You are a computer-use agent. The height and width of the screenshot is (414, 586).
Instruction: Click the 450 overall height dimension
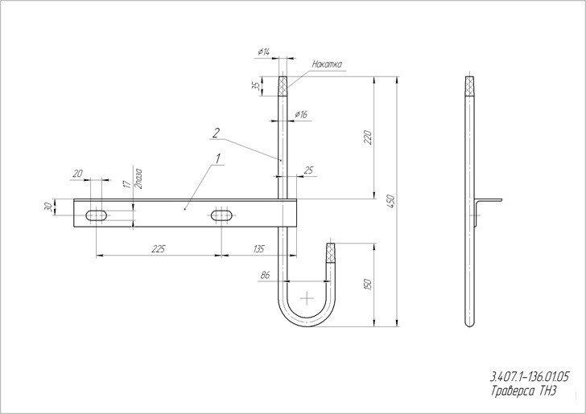[x=390, y=202]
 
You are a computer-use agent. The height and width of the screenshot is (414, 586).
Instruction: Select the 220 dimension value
[x=368, y=137]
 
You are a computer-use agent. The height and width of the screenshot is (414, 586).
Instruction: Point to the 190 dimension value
[x=368, y=285]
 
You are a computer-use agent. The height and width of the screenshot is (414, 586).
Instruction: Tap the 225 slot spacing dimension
[x=159, y=249]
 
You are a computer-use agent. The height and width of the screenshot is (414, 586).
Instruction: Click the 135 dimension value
[x=258, y=249]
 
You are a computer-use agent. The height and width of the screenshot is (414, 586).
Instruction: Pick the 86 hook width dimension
[x=265, y=276]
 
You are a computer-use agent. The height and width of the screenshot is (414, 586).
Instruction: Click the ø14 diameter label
[x=264, y=52]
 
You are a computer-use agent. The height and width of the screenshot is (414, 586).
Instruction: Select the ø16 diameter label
[x=301, y=115]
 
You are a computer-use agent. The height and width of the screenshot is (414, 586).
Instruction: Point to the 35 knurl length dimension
[x=256, y=86]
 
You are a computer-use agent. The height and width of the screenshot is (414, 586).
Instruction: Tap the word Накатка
[x=327, y=64]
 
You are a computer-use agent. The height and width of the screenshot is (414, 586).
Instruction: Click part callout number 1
[x=218, y=158]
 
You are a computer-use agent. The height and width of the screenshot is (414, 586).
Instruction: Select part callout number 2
[x=216, y=133]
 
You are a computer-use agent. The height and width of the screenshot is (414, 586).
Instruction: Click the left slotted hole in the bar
[x=97, y=215]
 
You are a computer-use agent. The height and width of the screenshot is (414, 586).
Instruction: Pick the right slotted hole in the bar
[x=222, y=215]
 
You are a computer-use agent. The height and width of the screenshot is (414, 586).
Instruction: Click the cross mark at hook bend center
[x=307, y=298]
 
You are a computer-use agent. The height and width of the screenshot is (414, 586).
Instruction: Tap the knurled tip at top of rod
[x=283, y=86]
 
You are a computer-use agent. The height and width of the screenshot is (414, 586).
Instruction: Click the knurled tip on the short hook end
[x=330, y=253]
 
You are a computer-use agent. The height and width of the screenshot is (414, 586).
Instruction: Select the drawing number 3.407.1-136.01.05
[x=529, y=377]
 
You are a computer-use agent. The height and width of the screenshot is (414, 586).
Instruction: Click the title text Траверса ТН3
[x=523, y=391]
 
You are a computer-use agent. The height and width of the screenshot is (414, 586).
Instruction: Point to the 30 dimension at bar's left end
[x=47, y=207]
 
